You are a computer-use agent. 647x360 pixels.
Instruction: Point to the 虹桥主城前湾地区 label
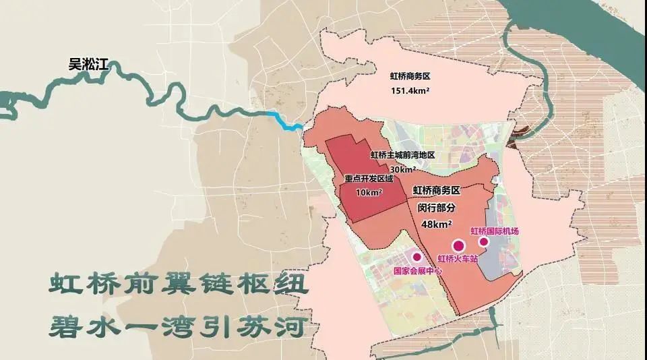tap(402, 155)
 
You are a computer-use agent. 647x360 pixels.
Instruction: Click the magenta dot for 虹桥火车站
tap(459, 246)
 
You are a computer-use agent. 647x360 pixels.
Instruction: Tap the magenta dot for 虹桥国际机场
tap(483, 241)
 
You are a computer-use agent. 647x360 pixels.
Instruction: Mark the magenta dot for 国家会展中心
tap(417, 257)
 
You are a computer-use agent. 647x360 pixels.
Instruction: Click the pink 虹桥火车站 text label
tap(456, 259)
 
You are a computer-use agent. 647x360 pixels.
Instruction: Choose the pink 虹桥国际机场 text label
tap(496, 231)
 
